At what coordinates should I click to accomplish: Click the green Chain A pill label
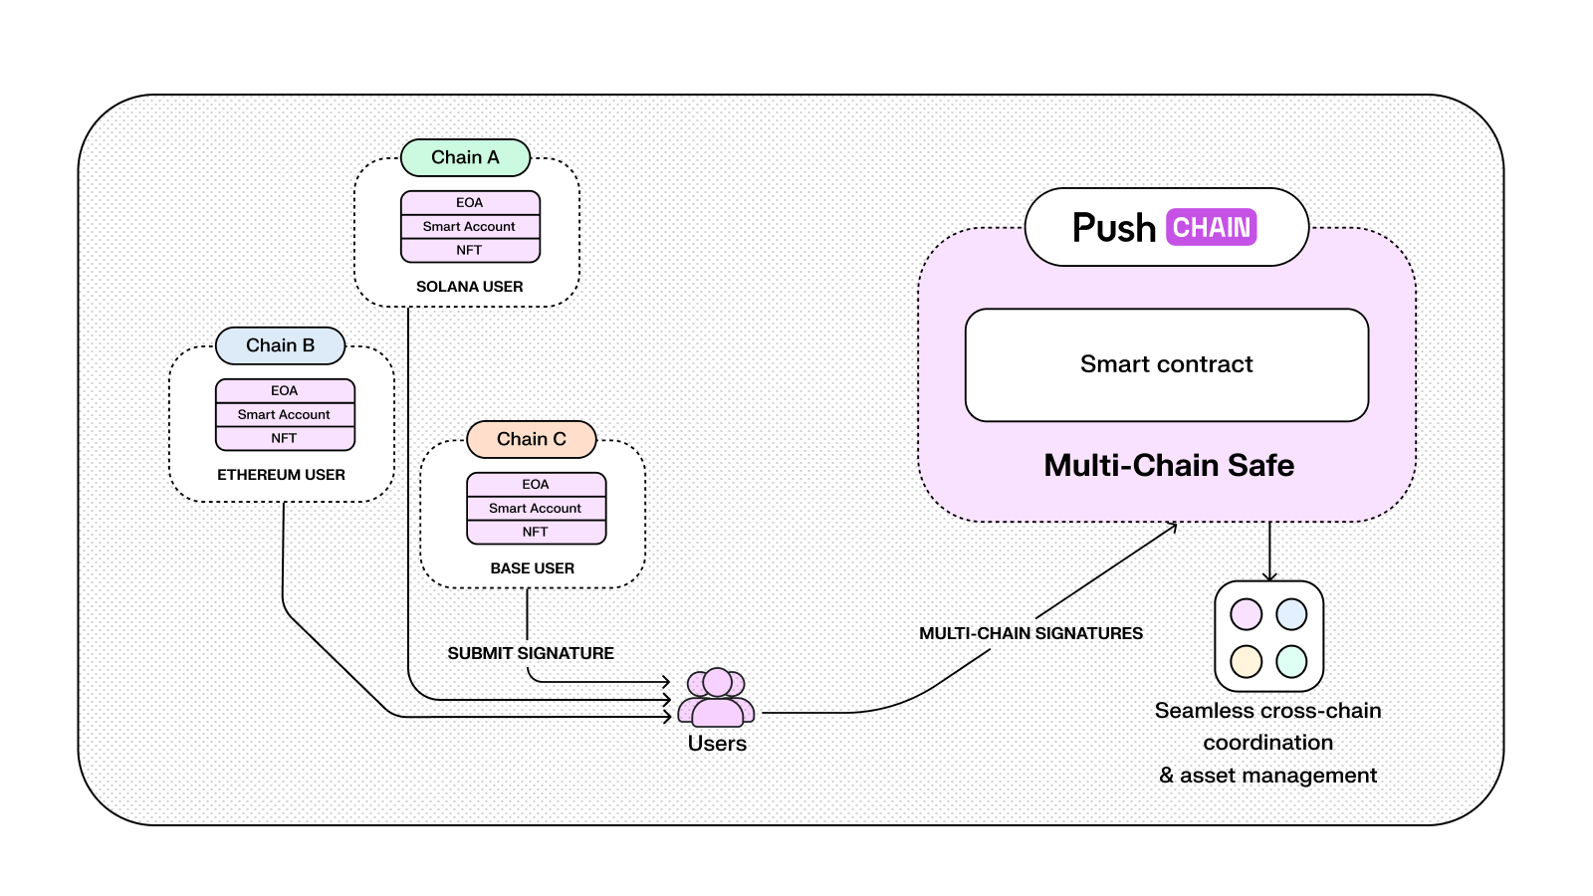click(465, 157)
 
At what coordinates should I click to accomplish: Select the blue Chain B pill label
click(280, 345)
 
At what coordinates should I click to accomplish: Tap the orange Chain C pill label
click(531, 439)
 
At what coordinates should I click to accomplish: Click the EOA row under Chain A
click(470, 202)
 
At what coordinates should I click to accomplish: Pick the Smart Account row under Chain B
click(285, 414)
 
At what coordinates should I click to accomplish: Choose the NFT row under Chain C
click(536, 532)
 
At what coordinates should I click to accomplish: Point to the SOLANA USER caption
click(469, 287)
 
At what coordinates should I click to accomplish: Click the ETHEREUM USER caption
click(281, 475)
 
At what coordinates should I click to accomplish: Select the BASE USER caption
click(532, 568)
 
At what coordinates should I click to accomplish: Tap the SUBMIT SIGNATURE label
click(531, 653)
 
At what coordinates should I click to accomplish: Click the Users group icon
click(716, 697)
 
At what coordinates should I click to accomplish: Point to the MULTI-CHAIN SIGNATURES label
click(1030, 633)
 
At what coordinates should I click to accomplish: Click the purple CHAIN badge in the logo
click(1212, 227)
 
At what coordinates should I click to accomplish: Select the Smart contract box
click(1167, 364)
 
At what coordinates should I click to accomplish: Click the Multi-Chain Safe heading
click(1169, 465)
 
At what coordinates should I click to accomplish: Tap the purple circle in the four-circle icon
click(1246, 614)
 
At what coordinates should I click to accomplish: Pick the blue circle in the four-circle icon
click(1291, 614)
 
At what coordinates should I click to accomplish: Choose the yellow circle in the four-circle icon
click(1246, 661)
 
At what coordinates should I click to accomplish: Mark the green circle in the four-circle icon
click(1291, 661)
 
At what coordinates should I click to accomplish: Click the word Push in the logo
click(1113, 228)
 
